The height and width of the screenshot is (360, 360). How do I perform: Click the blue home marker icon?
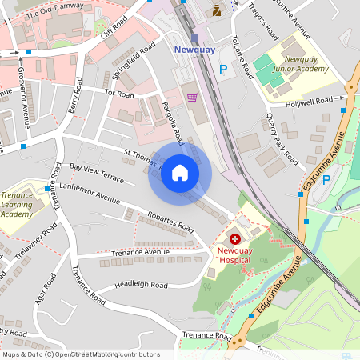(180, 173)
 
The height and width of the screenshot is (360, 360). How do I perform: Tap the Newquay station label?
(194, 50)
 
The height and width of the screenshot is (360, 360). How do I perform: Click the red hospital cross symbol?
(235, 238)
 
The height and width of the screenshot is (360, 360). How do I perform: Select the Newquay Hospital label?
(235, 254)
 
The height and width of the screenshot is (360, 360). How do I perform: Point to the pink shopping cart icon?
(192, 98)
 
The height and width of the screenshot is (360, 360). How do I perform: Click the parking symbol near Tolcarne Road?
(223, 70)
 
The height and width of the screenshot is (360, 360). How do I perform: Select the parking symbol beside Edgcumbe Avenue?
(326, 179)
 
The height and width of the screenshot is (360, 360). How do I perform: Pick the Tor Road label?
(119, 94)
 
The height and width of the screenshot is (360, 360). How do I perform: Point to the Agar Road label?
(41, 295)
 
